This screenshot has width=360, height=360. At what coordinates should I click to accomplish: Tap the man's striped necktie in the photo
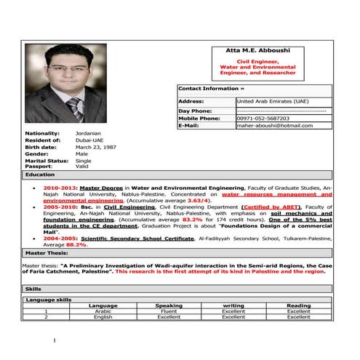[x=75, y=110]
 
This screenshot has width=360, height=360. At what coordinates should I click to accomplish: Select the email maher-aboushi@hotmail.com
[x=274, y=126]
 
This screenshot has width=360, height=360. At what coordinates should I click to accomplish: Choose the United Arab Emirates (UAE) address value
[x=272, y=101]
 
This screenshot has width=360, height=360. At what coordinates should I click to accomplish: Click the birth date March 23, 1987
[x=95, y=148]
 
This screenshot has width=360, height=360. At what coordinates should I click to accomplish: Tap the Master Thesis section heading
[x=47, y=252]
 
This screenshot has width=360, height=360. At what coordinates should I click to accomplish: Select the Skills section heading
[x=33, y=289]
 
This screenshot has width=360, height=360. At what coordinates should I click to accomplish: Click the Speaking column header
[x=169, y=305]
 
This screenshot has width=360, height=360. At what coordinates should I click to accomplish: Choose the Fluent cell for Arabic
[x=169, y=311]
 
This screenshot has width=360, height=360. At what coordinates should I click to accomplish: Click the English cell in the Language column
[x=103, y=317]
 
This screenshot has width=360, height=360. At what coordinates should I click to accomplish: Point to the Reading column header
[x=298, y=305]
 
